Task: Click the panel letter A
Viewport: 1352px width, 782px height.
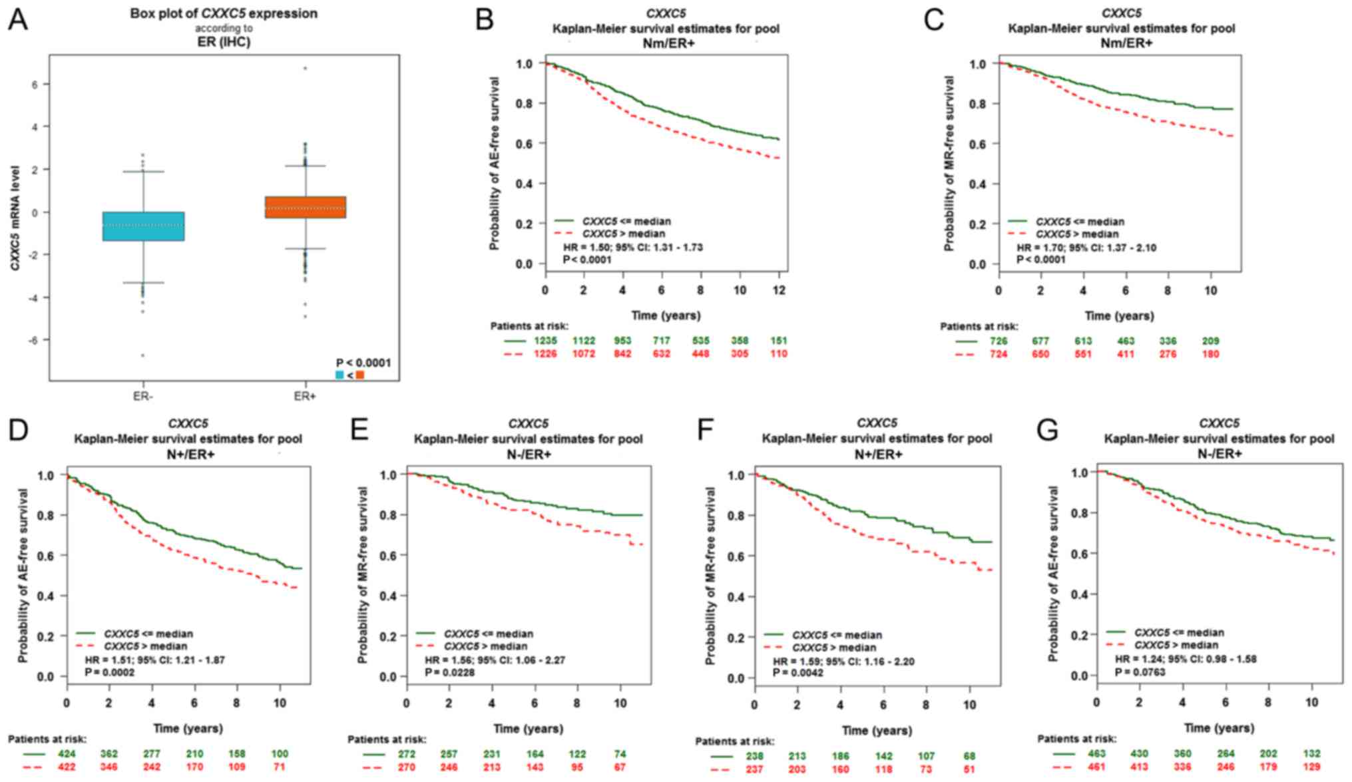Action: [18, 20]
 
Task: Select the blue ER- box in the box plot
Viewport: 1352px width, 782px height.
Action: [143, 226]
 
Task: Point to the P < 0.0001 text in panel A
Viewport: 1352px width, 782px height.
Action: [363, 363]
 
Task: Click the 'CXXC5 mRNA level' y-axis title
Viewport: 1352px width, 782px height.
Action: [15, 227]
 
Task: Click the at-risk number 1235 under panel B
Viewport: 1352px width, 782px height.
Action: [545, 341]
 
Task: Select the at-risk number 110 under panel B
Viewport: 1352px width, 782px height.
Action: [778, 354]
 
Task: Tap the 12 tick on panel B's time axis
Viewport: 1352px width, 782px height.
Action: [779, 290]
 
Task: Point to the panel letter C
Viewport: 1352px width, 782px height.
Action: [934, 20]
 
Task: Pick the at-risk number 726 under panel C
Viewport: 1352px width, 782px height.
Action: [998, 341]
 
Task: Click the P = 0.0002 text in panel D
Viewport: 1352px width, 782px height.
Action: [110, 673]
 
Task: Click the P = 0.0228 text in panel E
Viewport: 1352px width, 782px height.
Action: [450, 673]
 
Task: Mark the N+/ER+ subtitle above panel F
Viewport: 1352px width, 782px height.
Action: [878, 455]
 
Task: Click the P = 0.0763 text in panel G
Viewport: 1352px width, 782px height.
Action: [1140, 672]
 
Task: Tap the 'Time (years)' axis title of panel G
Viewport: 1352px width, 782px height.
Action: [1219, 728]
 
